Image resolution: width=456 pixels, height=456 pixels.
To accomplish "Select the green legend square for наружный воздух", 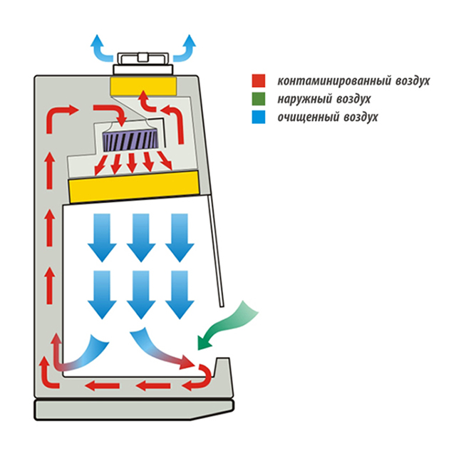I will [258, 98].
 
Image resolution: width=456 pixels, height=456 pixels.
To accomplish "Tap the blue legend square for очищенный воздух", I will [258, 116].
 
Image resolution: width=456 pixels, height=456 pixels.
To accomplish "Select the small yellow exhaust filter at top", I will [142, 84].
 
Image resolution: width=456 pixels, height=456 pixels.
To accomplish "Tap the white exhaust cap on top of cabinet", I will [142, 61].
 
